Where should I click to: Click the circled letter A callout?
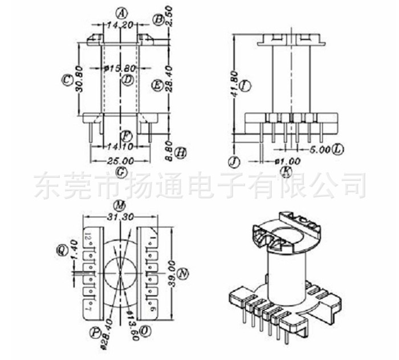pyautogui.click(x=120, y=12)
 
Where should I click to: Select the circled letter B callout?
pyautogui.click(x=158, y=20)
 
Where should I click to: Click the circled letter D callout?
pyautogui.click(x=128, y=80)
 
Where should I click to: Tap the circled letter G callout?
pyautogui.click(x=120, y=172)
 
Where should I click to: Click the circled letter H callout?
pyautogui.click(x=181, y=152)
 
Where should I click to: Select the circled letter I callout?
pyautogui.click(x=245, y=86)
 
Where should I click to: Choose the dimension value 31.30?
pyautogui.click(x=120, y=216)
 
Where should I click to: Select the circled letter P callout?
pyautogui.click(x=93, y=331)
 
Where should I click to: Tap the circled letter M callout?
pyautogui.click(x=119, y=205)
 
